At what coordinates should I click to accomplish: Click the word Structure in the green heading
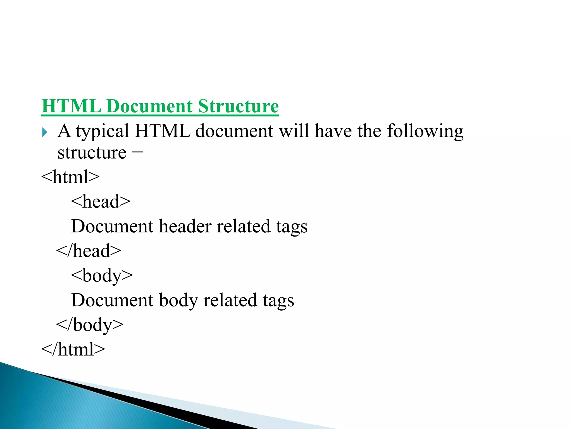[238, 106]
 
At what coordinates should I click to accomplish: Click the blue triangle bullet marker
[45, 132]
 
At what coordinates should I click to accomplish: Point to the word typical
[102, 131]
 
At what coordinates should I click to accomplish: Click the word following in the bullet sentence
[425, 131]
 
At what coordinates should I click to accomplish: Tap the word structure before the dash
[92, 153]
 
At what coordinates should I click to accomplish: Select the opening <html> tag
[70, 177]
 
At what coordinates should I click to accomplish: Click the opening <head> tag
[101, 201]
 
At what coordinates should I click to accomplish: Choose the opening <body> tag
[102, 276]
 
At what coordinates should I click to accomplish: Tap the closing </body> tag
[90, 325]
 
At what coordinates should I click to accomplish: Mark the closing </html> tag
[73, 349]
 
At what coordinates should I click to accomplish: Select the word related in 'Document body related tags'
[230, 300]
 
